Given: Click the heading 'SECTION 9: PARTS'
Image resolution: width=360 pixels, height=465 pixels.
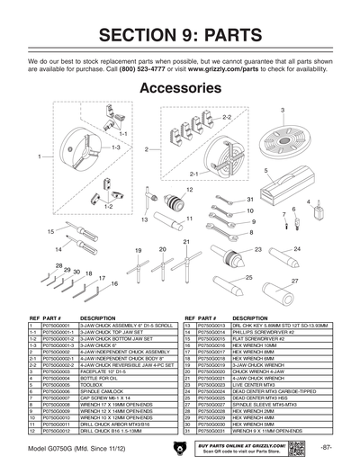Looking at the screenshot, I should (179, 37).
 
